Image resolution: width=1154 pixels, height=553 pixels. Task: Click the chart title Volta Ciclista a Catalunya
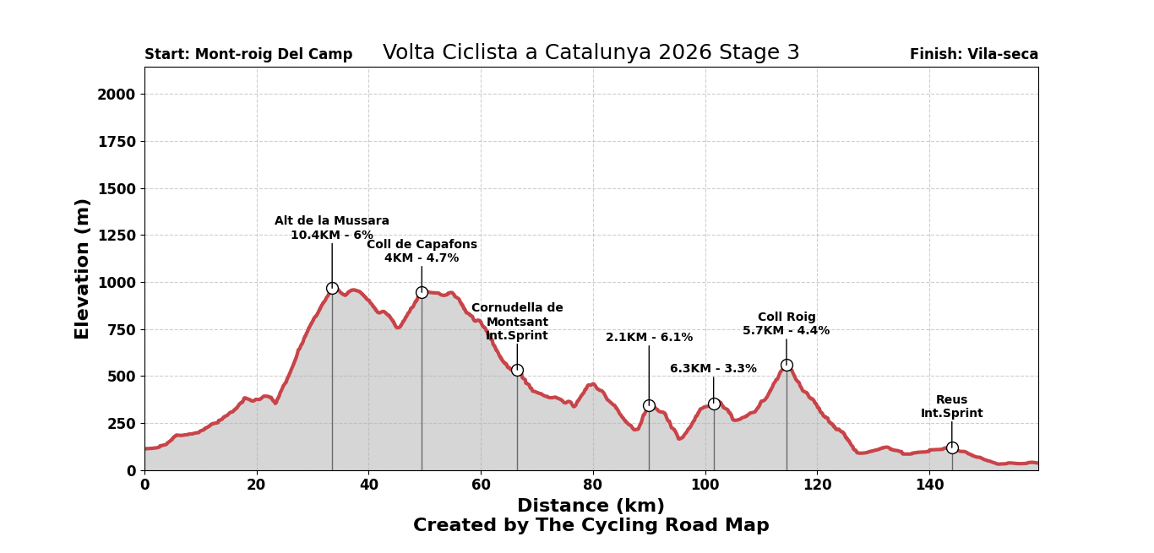tap(591, 53)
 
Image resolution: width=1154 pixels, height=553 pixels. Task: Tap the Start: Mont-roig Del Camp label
tap(248, 55)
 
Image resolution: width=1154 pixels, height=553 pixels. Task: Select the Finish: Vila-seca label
tap(973, 55)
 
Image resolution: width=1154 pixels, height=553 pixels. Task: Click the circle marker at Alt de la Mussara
tap(332, 288)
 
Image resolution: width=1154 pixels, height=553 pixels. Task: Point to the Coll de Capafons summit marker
tap(422, 292)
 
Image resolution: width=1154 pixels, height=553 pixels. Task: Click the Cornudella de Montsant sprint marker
tap(517, 370)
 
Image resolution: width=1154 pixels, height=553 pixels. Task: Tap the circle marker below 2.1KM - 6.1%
tap(649, 405)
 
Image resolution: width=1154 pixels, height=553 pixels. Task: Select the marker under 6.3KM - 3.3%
tap(714, 404)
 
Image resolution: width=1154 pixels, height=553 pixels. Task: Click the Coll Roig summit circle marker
tap(787, 365)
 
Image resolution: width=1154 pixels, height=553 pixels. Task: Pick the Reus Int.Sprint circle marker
tap(952, 447)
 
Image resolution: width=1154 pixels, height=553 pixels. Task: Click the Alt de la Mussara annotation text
tap(332, 228)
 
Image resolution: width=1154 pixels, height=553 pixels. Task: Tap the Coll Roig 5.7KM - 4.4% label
tap(787, 324)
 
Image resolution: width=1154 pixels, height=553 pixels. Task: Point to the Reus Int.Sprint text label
tap(952, 407)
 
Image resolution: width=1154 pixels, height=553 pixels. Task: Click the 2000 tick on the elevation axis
tap(116, 95)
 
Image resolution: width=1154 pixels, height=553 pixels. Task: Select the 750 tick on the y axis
tap(120, 329)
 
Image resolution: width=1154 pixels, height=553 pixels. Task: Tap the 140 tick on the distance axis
tap(929, 485)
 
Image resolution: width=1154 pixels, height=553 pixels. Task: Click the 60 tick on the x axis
tap(481, 485)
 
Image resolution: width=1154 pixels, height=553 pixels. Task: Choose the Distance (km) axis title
tap(591, 506)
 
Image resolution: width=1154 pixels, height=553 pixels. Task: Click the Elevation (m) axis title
tap(83, 268)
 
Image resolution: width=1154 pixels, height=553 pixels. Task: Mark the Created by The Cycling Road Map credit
tap(591, 526)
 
